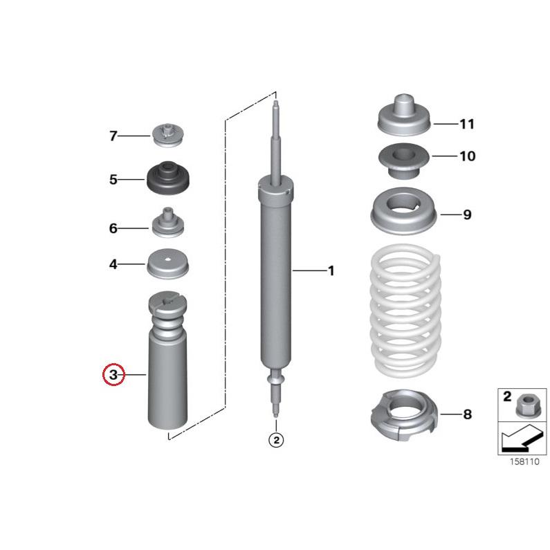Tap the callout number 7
point(113,136)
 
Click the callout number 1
point(331,271)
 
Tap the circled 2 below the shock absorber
point(275,439)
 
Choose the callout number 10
point(467,156)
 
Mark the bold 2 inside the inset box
point(506,397)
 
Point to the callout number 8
point(467,414)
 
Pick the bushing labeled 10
point(404,160)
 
